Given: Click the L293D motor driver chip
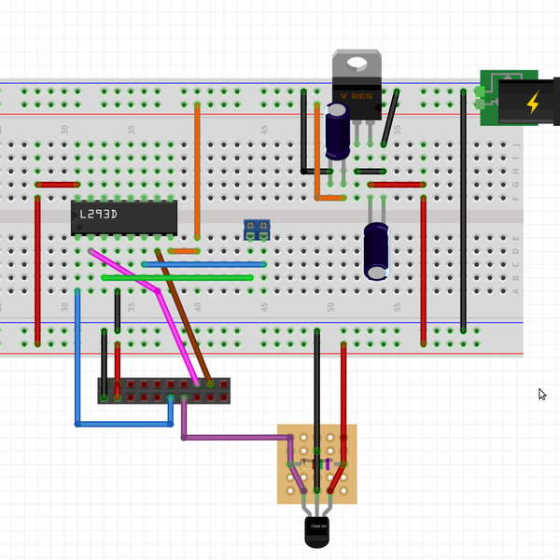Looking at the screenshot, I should click(124, 217).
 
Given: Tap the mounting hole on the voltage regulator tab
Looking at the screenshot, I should click(357, 64).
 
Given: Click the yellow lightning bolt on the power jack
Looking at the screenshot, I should click(532, 102).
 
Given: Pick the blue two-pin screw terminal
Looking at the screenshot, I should click(257, 229).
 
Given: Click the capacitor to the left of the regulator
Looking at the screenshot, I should click(337, 131).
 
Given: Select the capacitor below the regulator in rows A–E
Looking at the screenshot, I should click(377, 250).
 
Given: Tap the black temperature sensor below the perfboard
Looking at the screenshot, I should click(317, 532).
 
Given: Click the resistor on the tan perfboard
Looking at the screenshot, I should click(318, 464).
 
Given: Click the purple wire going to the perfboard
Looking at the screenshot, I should click(233, 436).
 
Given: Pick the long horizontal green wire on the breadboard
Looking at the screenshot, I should click(177, 277).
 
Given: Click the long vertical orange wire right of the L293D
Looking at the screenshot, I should click(197, 168).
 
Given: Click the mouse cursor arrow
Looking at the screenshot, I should click(542, 394).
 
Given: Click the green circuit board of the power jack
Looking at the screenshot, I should click(488, 96).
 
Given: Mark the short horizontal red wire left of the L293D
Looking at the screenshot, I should click(57, 185).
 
